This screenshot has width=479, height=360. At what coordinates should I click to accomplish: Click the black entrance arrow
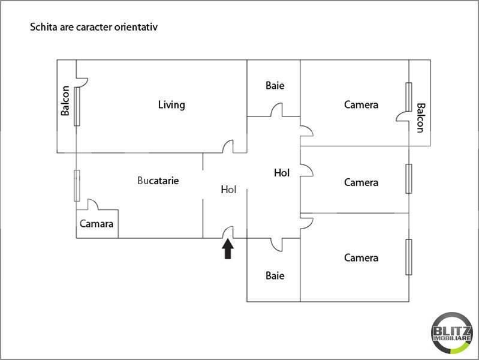228,249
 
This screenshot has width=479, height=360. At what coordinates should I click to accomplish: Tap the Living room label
171,105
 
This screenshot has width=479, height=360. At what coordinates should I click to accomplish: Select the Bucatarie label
158,180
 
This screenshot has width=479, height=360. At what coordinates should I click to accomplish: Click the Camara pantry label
97,224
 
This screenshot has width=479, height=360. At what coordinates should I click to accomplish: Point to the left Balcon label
65,101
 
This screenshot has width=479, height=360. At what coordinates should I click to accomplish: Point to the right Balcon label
420,118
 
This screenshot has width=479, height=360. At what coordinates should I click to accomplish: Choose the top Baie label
275,86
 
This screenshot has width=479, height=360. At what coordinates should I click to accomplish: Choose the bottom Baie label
275,276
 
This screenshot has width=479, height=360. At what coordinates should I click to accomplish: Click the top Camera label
361,105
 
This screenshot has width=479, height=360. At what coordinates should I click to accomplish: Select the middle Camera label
361,182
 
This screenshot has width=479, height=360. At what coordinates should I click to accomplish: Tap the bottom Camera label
361,258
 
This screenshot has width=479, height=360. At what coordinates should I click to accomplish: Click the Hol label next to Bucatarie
228,190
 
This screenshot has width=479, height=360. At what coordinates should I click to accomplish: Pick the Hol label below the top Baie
281,173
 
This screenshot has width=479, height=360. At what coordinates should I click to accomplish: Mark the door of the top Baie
276,111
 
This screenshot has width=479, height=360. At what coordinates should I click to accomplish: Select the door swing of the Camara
94,205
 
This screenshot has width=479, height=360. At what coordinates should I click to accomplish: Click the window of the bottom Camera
409,257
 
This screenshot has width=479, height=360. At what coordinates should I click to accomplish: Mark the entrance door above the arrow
228,232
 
